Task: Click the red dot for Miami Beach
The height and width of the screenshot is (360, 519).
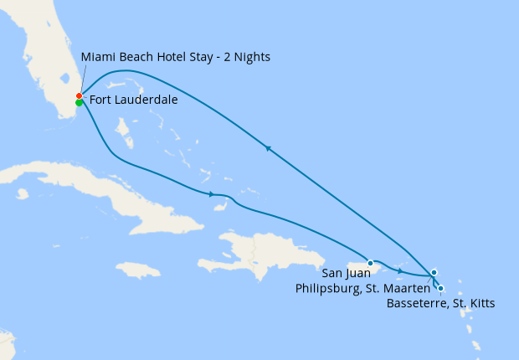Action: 79,95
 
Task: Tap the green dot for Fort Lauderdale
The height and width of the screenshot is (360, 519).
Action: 79,103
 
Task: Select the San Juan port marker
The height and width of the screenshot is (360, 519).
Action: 370,263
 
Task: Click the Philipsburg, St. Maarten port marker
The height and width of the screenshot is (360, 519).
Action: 434,272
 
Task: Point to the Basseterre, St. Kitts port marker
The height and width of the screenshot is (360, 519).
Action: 440,288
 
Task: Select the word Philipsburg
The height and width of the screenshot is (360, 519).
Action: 329,288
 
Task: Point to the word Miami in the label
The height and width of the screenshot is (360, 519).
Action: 97,57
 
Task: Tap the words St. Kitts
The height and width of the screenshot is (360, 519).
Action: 474,303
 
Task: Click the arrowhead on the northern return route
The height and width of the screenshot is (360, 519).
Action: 268,148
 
